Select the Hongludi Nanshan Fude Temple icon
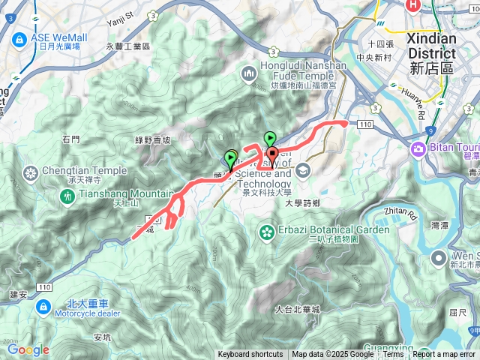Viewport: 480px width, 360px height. [x=249, y=73]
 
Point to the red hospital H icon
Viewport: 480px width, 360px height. [x=412, y=5]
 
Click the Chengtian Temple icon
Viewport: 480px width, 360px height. [x=31, y=175]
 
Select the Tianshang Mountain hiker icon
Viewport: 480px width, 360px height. [x=67, y=196]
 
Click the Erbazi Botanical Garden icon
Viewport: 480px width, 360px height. [x=266, y=230]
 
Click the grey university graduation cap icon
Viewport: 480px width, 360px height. [x=301, y=170]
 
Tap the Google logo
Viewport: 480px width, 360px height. [x=28, y=350]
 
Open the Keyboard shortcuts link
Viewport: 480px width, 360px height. [x=250, y=355]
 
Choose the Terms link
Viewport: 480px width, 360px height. [x=393, y=355]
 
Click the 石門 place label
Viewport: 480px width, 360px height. [x=71, y=139]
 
